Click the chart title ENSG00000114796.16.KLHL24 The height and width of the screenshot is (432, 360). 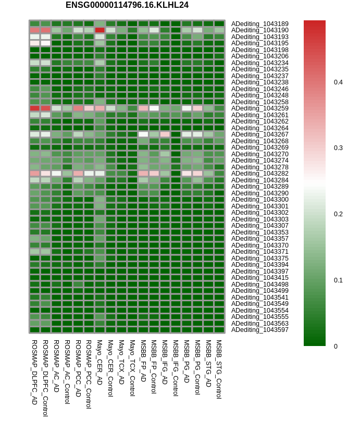[127, 5]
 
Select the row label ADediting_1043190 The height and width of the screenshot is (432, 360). [260, 30]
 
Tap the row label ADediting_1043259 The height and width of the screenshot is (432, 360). [260, 108]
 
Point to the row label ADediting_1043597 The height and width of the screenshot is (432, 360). [260, 330]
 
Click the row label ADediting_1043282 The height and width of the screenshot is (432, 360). [260, 174]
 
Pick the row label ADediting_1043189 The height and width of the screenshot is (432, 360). [260, 23]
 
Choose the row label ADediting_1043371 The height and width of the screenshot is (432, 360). [260, 252]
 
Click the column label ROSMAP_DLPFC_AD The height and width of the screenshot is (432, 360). [34, 372]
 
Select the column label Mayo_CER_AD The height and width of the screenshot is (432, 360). [100, 362]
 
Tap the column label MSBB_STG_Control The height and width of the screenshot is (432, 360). [219, 369]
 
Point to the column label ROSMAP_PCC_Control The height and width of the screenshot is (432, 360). [89, 374]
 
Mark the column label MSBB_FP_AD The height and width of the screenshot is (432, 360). [143, 361]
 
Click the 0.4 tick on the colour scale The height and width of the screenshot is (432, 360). [338, 82]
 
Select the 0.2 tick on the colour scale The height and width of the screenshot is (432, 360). [338, 214]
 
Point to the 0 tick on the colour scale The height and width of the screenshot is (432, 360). [336, 347]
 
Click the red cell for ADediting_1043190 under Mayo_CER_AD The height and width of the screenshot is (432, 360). [100, 30]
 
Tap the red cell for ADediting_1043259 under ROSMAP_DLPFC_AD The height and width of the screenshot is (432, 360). [35, 108]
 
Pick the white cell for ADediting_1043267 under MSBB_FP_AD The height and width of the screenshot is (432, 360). [143, 134]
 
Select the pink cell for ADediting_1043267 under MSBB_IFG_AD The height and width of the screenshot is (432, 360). [165, 134]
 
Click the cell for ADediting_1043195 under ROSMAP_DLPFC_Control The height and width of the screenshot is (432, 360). [46, 43]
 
